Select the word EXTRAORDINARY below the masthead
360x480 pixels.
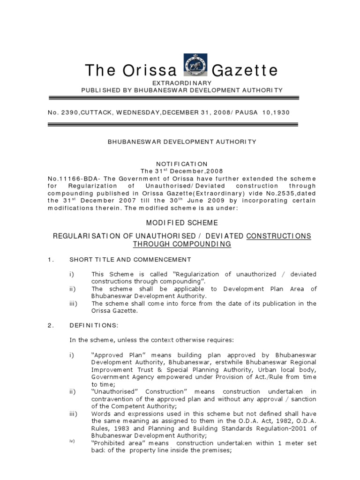[182, 82]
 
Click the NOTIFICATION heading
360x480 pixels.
[182, 164]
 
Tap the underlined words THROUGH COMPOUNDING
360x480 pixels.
[182, 244]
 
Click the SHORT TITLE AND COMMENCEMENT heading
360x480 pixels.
[130, 259]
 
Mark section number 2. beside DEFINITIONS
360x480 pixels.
[51, 327]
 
